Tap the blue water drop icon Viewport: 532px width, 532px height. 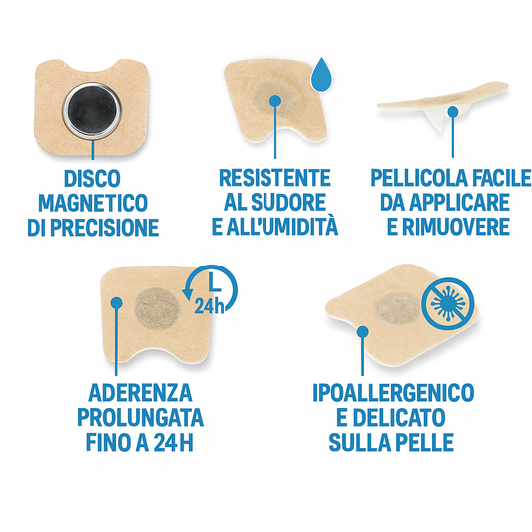[320, 74]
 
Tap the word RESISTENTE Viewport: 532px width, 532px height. [274, 179]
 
